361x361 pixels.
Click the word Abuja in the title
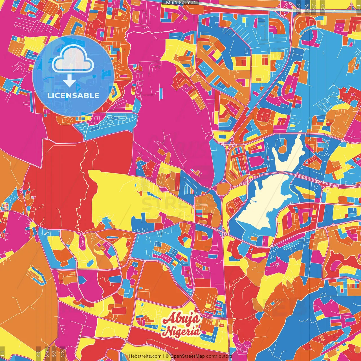182,319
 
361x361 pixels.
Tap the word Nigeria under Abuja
182,331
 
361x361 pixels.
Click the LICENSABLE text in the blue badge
73,95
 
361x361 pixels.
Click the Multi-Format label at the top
180,3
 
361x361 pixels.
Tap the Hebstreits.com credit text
145,356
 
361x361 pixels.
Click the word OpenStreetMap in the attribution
188,356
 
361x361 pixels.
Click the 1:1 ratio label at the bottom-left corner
3,354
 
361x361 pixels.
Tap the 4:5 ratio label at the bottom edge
38,354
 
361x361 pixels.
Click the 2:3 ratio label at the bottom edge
63,354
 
